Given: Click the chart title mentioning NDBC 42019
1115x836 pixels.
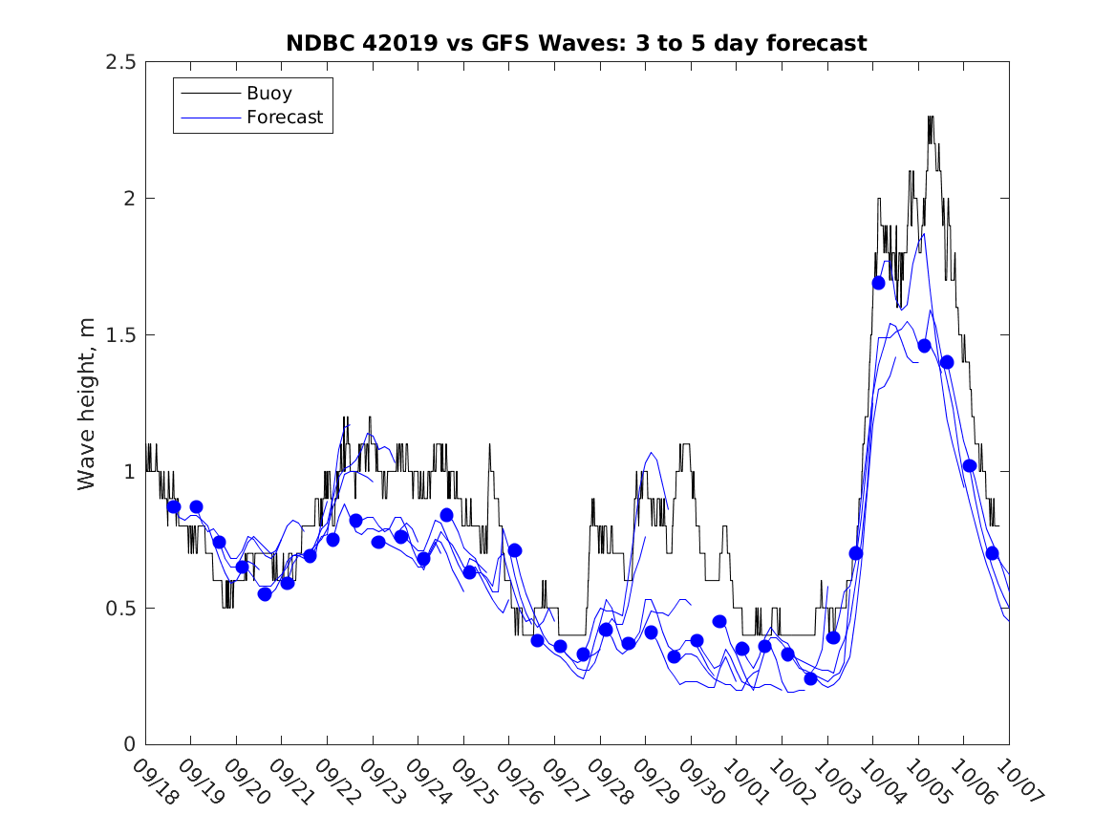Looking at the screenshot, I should pos(576,43).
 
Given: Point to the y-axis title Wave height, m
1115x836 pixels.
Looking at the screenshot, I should pos(87,403).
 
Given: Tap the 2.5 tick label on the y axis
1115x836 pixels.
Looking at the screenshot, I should pos(120,62).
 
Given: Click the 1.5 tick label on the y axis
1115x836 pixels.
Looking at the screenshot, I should pos(120,335).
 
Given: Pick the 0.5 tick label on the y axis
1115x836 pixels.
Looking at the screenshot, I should pos(120,609).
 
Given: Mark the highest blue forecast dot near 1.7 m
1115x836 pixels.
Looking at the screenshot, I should pos(879,283).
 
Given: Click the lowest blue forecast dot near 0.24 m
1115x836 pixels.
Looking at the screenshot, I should pos(810,678).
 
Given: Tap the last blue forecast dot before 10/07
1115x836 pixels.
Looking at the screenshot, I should pos(993,553).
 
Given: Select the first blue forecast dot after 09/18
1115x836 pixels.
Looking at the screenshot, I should pos(174,506).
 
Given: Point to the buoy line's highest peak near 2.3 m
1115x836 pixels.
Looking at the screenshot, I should pos(931,118).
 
